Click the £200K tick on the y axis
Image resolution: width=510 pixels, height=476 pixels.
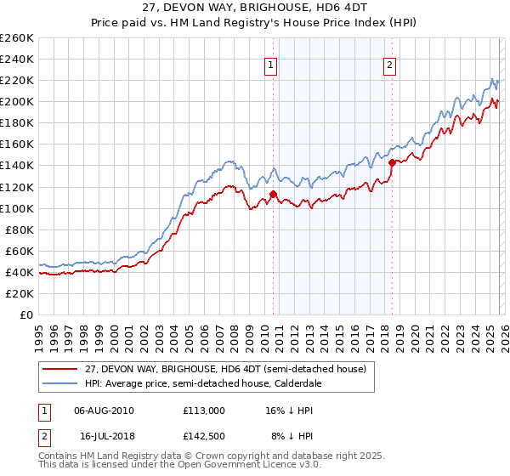coord(17,102)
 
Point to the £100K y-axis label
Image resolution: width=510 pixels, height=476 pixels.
coord(17,208)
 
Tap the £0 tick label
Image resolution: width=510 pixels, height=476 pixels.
coord(25,314)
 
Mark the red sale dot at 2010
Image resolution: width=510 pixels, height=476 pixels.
coord(273,194)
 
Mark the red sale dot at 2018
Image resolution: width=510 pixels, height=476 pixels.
coord(392,162)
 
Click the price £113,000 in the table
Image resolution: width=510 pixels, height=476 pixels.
coord(203,410)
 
